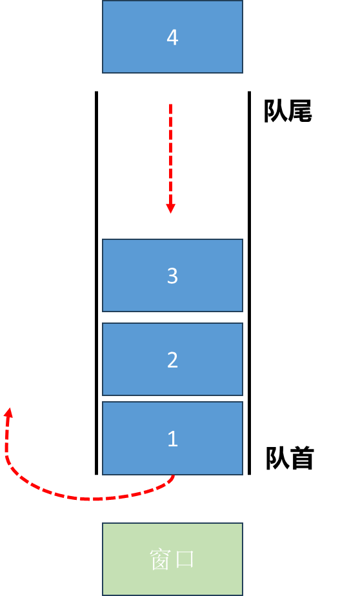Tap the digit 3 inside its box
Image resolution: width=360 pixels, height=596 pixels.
[x=172, y=276]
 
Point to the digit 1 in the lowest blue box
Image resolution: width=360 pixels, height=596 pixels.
[x=172, y=439]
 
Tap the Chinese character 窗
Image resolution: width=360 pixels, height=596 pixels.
[x=160, y=559]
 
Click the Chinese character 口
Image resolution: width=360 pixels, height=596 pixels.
[x=185, y=559]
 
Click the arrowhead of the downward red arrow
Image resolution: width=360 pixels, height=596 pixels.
[x=171, y=208]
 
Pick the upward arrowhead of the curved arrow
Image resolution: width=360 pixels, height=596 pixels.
[x=8, y=412]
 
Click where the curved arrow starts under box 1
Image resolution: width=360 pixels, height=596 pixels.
[x=173, y=478]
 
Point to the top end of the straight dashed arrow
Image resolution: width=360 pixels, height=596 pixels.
[x=171, y=105]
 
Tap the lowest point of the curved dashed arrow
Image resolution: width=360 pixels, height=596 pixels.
[x=94, y=499]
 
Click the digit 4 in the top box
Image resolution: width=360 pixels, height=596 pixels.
[x=172, y=37]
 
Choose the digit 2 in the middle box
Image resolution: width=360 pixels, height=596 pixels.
[x=172, y=360]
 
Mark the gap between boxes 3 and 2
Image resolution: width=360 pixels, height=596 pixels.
[x=172, y=317]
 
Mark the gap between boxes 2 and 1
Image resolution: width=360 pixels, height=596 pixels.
[x=172, y=399]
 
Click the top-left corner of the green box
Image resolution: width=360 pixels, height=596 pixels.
[x=103, y=524]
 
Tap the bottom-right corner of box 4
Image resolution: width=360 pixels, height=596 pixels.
[x=242, y=72]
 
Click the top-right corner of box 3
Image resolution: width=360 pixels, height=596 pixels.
[x=242, y=240]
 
